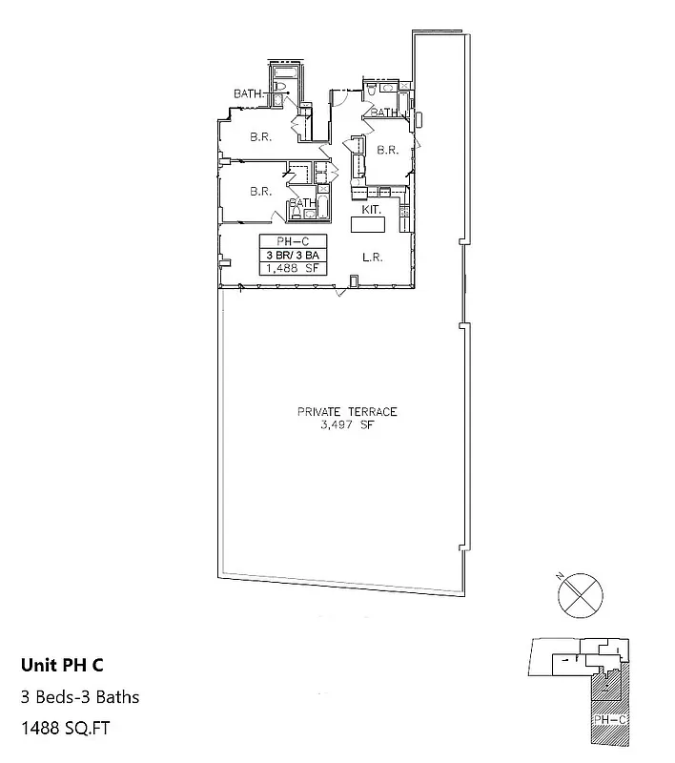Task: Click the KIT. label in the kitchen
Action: (x=371, y=208)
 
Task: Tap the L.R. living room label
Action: (x=373, y=257)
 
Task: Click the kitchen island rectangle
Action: (x=368, y=225)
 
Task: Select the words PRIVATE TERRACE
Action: (x=346, y=412)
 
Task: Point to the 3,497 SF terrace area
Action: (x=347, y=424)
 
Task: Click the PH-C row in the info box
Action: (x=293, y=241)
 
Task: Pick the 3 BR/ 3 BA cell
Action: (x=293, y=255)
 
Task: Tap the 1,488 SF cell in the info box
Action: (x=293, y=268)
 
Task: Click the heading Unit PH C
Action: (x=63, y=665)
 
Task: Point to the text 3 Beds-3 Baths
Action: (x=80, y=696)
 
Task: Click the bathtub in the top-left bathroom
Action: (x=286, y=72)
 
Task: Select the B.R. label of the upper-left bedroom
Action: (x=261, y=136)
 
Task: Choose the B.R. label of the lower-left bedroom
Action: (x=261, y=191)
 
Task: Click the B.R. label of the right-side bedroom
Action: (x=386, y=150)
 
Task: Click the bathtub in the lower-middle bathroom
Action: (x=321, y=206)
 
